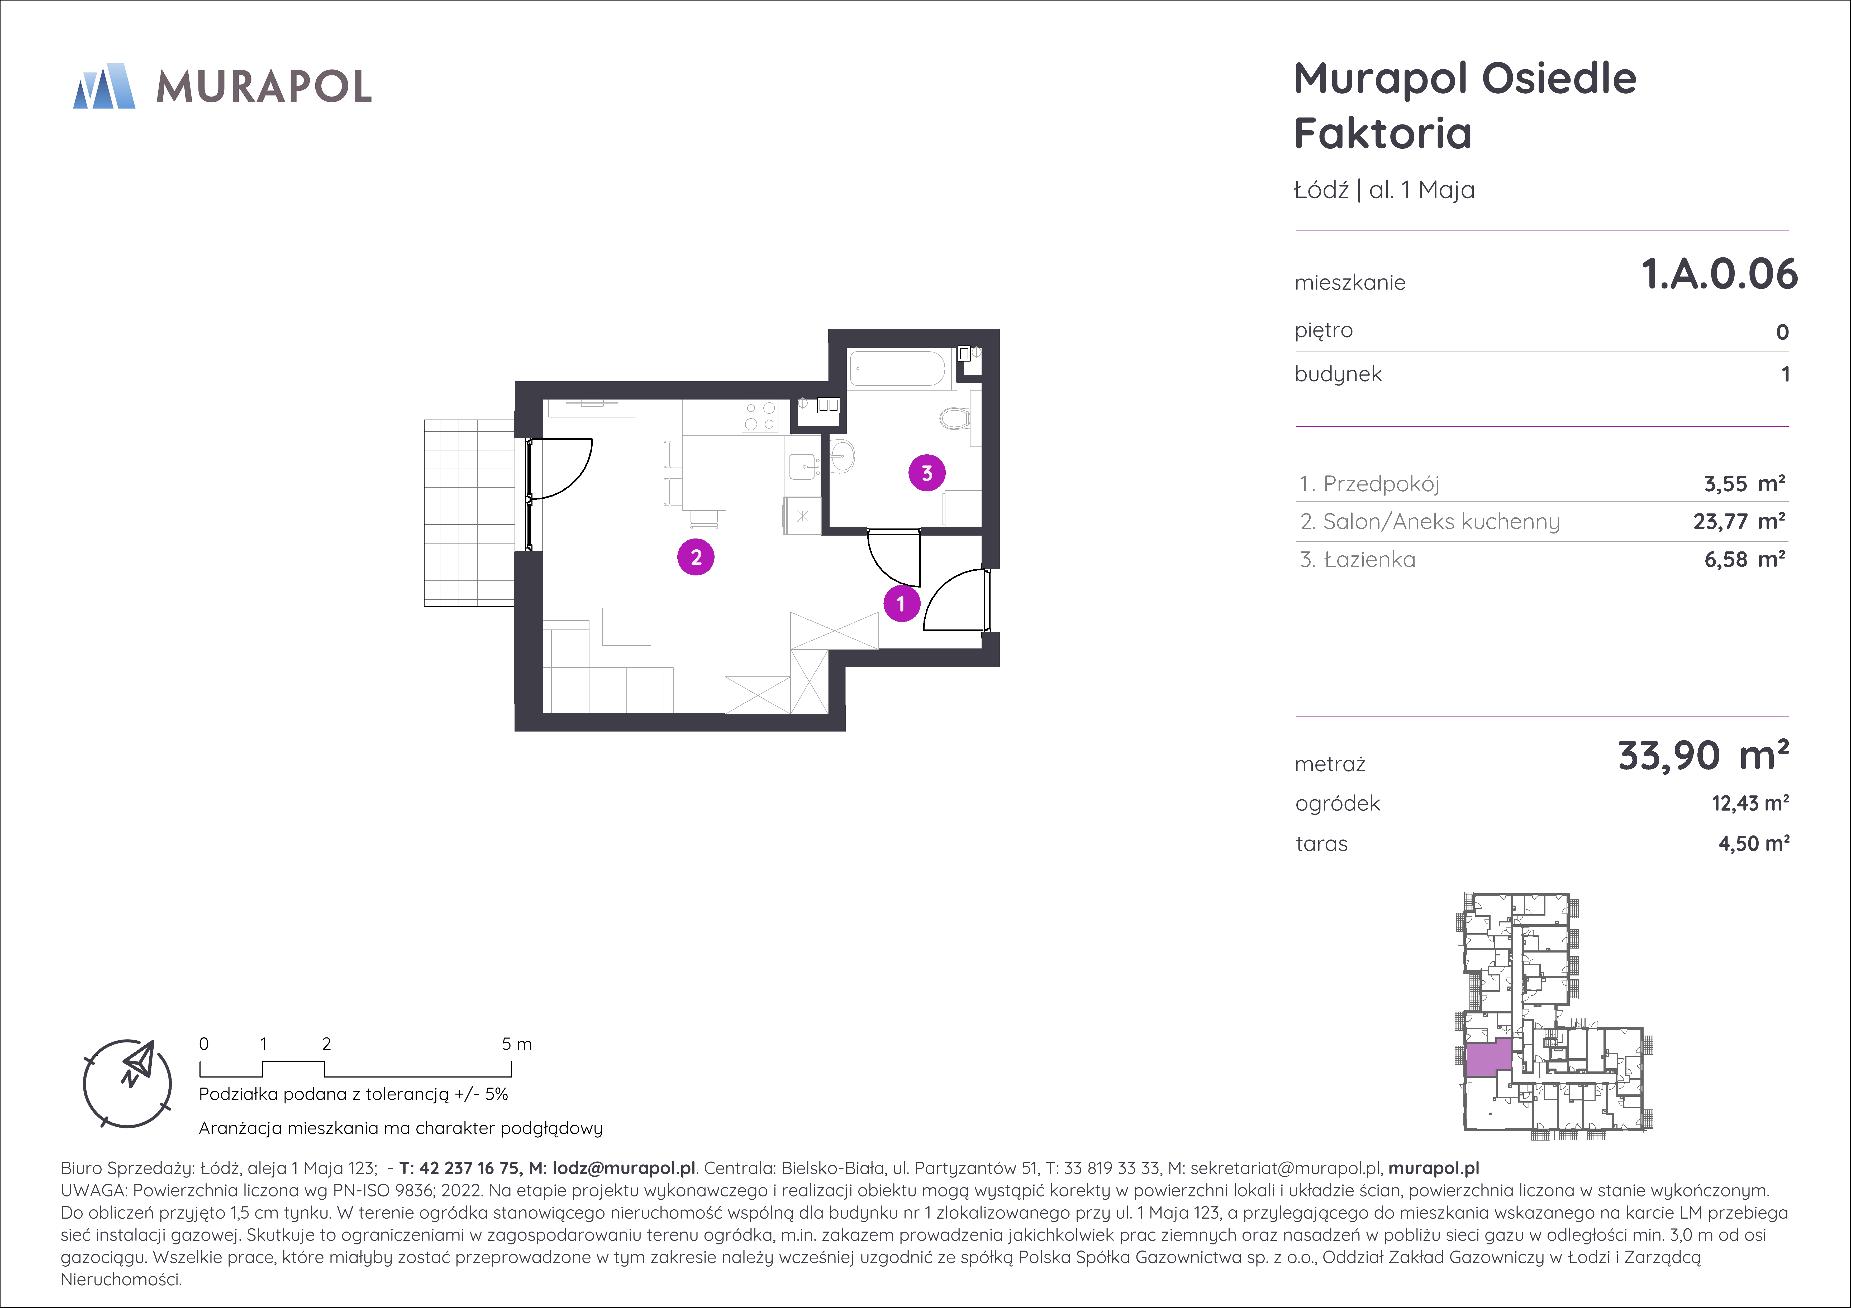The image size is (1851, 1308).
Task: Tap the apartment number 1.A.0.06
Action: click(1720, 274)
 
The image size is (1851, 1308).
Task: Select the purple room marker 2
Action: click(696, 557)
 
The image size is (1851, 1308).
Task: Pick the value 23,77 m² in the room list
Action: click(1739, 521)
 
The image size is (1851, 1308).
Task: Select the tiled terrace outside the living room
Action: click(469, 513)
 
